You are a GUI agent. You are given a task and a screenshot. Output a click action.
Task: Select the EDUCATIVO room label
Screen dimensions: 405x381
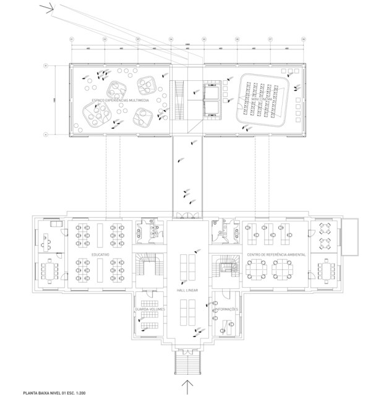tap(100, 254)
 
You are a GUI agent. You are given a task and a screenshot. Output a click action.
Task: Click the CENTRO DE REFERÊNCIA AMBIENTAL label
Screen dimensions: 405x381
tap(275, 254)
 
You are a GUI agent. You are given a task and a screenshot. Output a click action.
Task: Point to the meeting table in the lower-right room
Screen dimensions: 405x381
tap(327, 270)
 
